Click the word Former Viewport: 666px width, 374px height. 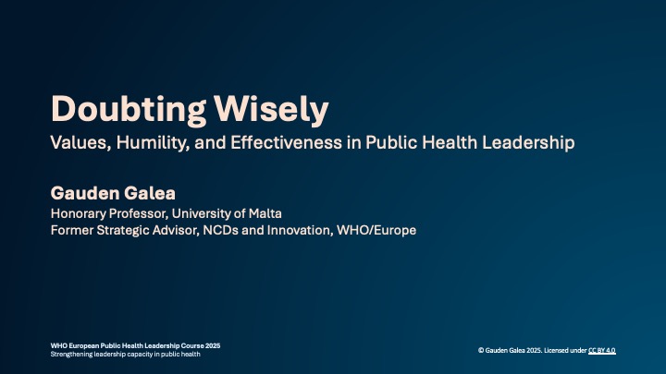(73, 230)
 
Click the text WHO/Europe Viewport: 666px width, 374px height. (378, 230)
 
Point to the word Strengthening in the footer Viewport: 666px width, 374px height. (73, 355)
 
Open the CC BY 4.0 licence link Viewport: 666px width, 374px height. (601, 351)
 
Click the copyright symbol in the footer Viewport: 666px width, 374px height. (481, 351)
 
